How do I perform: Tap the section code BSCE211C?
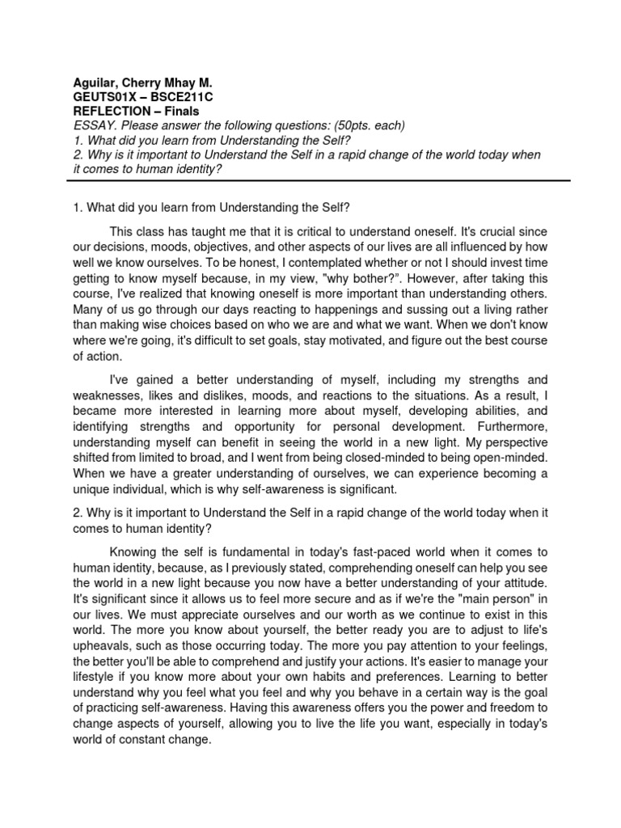coord(184,96)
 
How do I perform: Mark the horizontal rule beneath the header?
coord(310,185)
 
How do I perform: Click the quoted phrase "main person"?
coord(491,598)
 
